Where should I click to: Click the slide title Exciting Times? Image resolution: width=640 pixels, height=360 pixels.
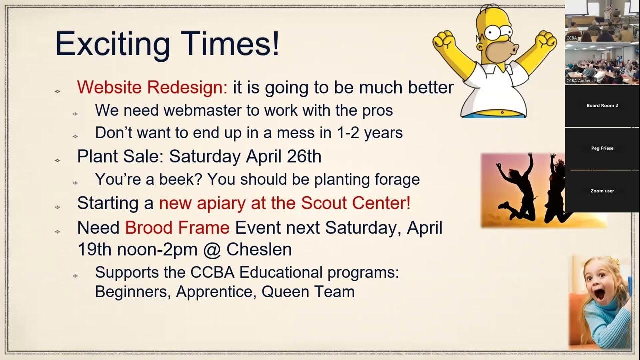(167, 43)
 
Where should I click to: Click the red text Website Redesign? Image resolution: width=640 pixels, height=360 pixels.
(152, 87)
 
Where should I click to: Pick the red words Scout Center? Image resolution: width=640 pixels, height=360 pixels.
(355, 203)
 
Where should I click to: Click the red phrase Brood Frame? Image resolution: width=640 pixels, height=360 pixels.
(177, 228)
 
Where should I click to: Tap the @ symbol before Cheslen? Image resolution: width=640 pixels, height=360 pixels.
(212, 249)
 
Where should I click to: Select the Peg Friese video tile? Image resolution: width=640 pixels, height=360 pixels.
(602, 148)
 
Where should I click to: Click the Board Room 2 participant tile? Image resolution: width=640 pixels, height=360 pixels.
(602, 106)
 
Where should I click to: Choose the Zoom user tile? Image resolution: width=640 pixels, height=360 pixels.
(602, 191)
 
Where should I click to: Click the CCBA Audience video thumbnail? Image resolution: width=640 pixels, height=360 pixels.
(602, 64)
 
